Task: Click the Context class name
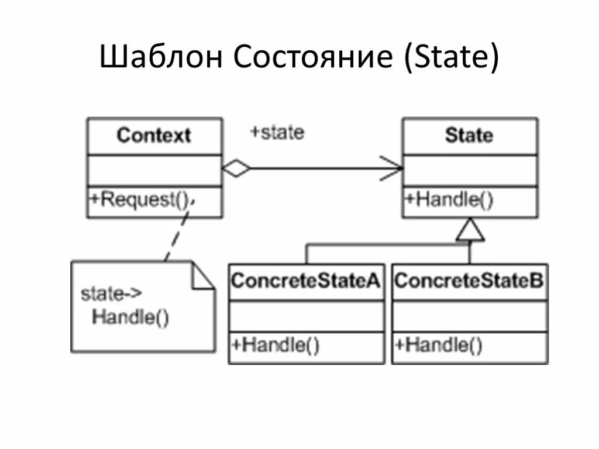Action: point(154,136)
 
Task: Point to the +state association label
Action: point(277,132)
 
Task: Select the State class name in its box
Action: point(469,136)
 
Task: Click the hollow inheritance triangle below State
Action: point(470,232)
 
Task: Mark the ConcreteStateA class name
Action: point(306,281)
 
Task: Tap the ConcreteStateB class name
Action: point(469,281)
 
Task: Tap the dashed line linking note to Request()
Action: point(177,234)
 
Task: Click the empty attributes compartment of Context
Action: point(154,171)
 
